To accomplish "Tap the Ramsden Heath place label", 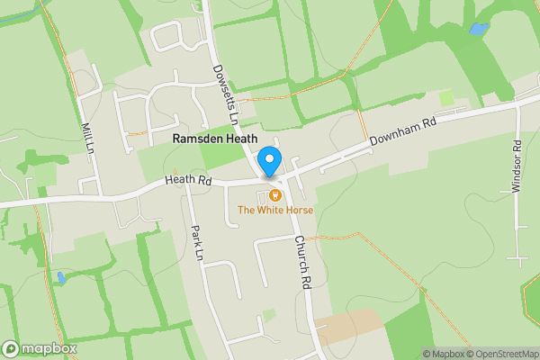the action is tap(215, 139).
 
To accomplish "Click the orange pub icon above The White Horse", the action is tap(274, 194).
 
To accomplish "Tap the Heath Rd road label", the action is tap(188, 181).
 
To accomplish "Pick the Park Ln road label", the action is tap(198, 240).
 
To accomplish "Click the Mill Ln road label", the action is tap(86, 138).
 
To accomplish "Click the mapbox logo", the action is tap(39, 349).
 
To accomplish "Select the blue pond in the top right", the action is tap(478, 30).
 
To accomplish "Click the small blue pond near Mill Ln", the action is tap(60, 277).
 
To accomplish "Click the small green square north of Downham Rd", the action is tap(446, 97).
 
